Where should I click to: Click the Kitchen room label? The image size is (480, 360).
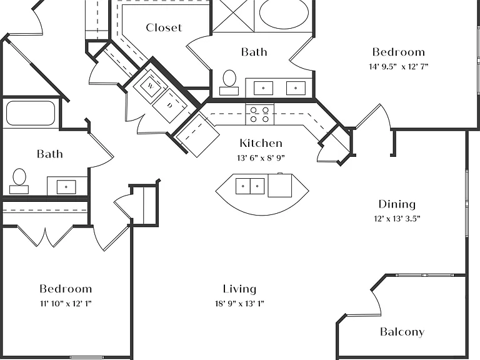pos(261,143)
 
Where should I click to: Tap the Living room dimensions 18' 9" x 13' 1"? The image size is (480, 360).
pos(239,303)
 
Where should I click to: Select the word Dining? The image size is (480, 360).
pos(397,205)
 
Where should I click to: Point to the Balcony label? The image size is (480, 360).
pos(402,332)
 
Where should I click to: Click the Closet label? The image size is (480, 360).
pos(164,27)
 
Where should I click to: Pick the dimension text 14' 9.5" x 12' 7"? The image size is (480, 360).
pos(398,66)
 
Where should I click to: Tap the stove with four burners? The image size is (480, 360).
pos(259,114)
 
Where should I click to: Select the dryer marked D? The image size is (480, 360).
pos(169,106)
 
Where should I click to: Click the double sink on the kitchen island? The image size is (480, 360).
pos(250,186)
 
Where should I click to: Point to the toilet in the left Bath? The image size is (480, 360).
pos(19,181)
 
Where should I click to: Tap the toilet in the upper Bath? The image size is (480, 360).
pos(229,82)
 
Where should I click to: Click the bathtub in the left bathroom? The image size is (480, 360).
pos(30,113)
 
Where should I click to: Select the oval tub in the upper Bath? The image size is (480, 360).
pos(284,14)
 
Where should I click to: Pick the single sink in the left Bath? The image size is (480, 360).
pos(66,187)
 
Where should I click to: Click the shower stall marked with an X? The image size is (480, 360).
pos(233,15)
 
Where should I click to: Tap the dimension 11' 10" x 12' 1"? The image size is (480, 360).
pos(66,304)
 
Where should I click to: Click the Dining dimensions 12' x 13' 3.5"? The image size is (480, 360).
pos(397,219)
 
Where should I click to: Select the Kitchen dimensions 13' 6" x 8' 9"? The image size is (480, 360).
pos(261,158)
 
